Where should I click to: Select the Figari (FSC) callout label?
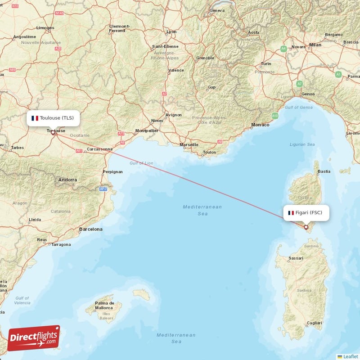click(306, 213)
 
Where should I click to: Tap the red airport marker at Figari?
click(306, 227)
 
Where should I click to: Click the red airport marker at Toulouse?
click(53, 133)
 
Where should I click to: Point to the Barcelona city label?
click(90, 229)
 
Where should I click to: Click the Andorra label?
click(67, 180)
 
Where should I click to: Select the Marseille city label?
click(189, 145)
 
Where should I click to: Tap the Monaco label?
click(260, 125)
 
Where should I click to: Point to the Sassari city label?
click(296, 258)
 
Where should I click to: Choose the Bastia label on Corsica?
click(324, 171)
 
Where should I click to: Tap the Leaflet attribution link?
click(350, 356)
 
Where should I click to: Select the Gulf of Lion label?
click(141, 163)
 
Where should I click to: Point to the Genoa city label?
click(308, 94)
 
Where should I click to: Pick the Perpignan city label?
click(112, 171)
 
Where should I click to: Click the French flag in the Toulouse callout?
click(35, 118)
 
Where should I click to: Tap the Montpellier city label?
click(147, 131)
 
